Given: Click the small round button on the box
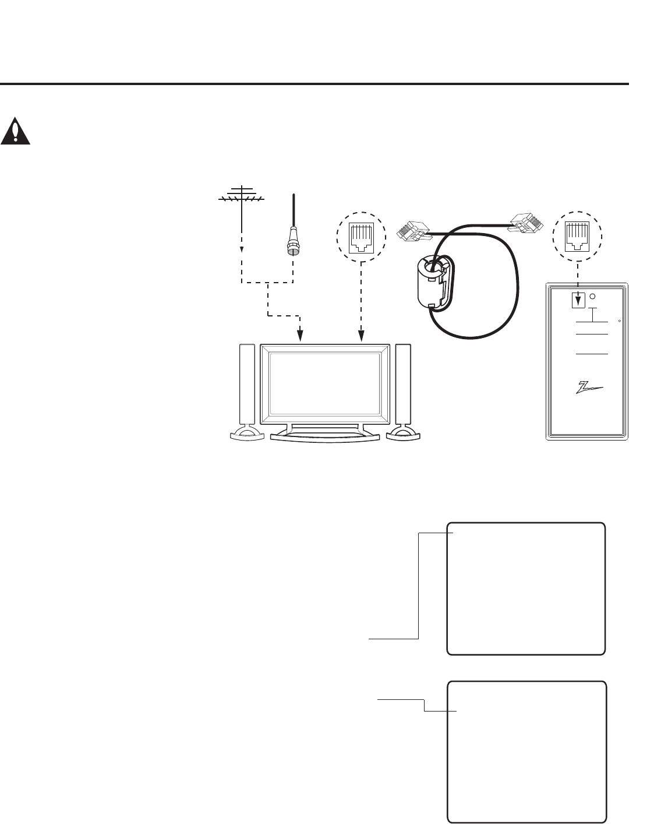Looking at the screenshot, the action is pos(593,297).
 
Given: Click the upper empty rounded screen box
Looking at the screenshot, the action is pos(526,589).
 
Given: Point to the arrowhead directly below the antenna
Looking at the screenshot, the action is pos(242,249).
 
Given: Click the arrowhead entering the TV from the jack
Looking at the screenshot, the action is pos(362,337).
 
